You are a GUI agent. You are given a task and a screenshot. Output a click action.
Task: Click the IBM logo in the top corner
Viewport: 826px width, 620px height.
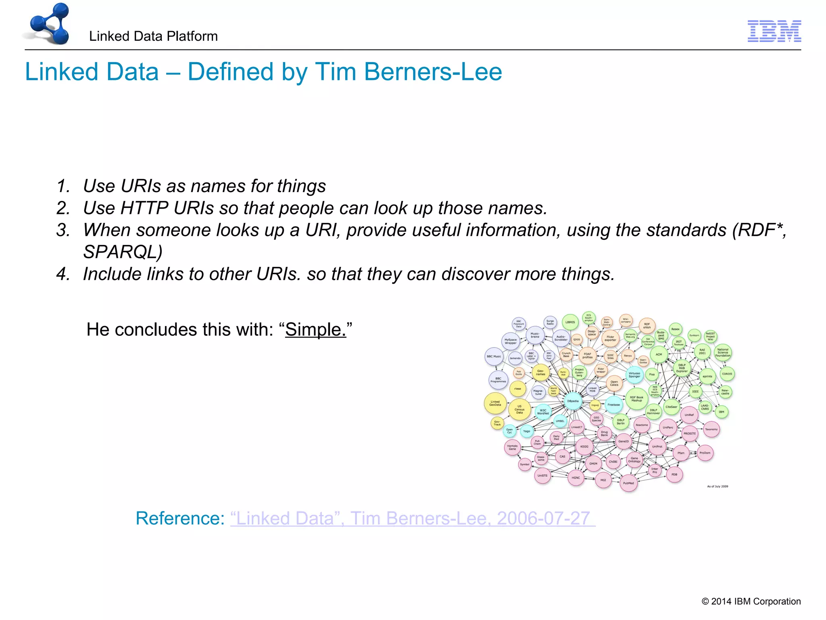[774, 31]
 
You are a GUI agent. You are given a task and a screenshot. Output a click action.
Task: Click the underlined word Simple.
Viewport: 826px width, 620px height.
[315, 329]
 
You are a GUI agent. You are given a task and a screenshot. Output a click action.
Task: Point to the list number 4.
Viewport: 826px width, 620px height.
[63, 274]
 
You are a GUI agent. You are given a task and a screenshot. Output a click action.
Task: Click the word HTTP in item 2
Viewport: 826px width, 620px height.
[144, 208]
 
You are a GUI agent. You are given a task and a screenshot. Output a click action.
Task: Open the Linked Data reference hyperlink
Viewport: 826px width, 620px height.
[412, 518]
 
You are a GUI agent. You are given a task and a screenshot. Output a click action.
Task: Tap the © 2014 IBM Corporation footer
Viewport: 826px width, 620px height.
[751, 601]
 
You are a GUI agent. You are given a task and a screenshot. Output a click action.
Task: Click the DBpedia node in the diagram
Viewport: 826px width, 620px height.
[573, 401]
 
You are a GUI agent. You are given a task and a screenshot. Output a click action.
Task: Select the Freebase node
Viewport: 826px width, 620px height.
[613, 404]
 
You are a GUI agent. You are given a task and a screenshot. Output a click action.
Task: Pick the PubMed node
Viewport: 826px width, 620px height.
[628, 483]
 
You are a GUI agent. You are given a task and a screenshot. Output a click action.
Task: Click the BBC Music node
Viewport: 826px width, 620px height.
[494, 356]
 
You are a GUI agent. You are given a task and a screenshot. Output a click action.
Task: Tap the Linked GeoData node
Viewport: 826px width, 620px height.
[495, 403]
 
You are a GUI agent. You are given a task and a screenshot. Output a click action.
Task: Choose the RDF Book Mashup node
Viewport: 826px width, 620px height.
[636, 399]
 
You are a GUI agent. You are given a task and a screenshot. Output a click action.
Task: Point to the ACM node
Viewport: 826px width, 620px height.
[659, 354]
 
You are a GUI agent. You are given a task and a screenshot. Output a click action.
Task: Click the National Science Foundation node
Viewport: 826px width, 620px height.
[723, 352]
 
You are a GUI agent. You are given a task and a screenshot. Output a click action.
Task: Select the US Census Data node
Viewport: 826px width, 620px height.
[519, 409]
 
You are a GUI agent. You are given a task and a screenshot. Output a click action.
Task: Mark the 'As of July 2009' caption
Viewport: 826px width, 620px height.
[718, 486]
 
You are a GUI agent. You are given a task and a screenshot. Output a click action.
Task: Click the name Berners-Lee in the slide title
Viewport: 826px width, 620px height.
[433, 72]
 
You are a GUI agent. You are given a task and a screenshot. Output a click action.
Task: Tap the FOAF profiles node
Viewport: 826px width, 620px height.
[587, 356]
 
